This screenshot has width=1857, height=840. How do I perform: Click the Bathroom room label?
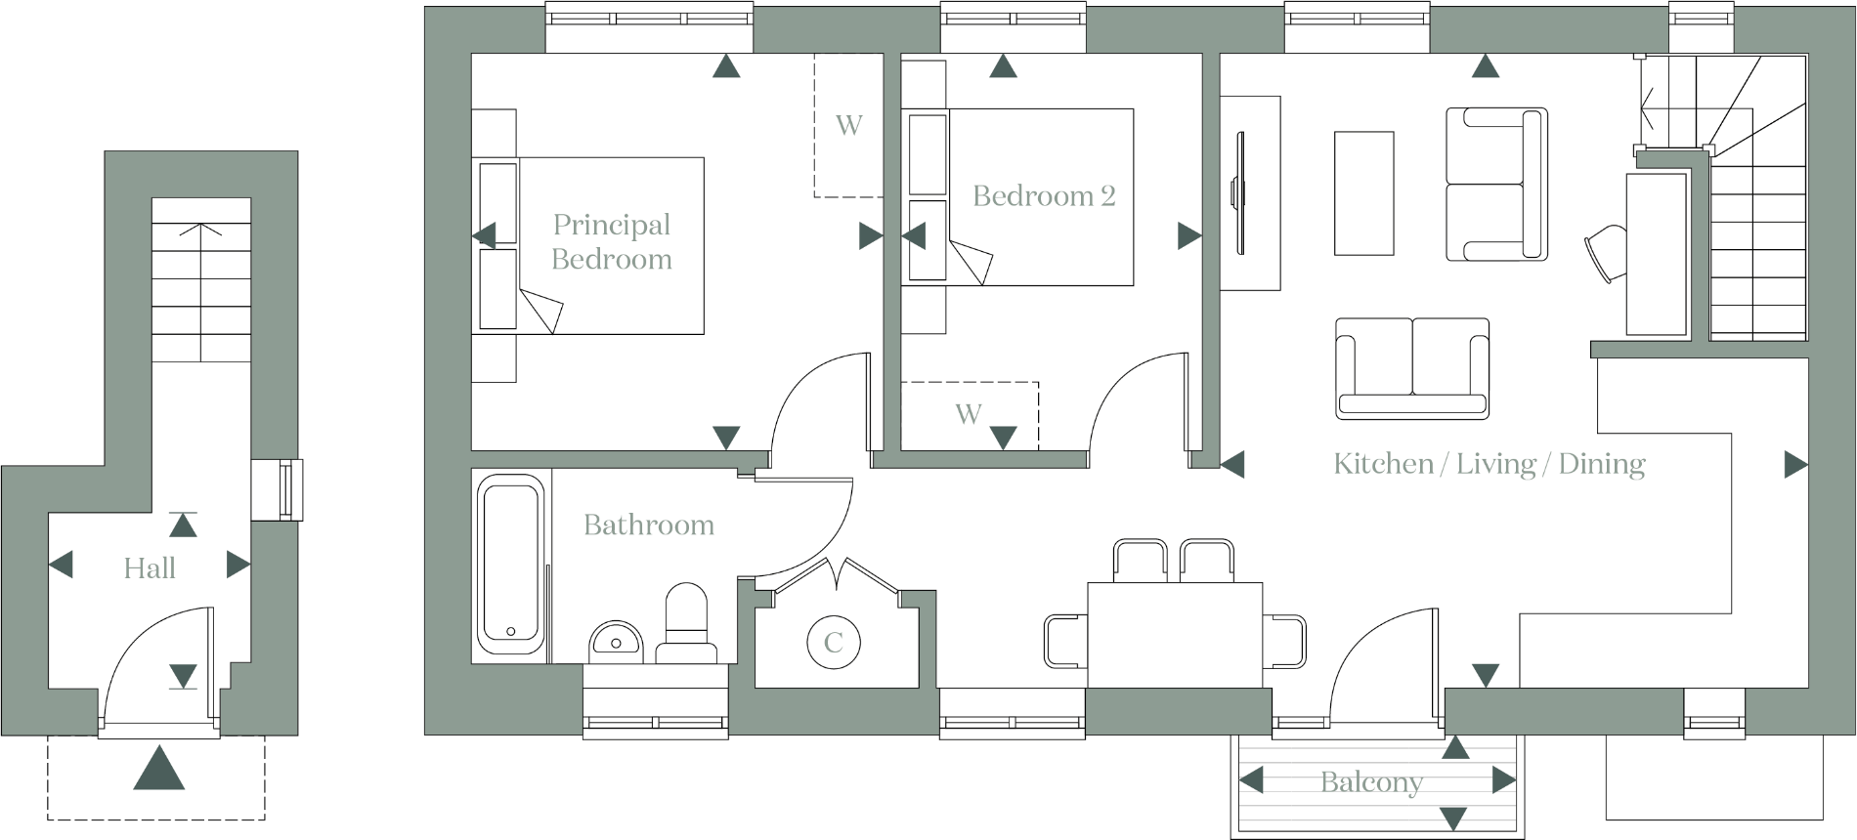[648, 525]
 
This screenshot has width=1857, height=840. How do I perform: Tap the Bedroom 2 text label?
[1043, 196]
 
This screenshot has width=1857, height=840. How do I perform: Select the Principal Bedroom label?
[612, 242]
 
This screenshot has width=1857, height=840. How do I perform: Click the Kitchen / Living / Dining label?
[1489, 464]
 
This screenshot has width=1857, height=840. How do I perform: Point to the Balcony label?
[1370, 782]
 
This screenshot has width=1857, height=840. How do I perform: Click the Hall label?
[150, 568]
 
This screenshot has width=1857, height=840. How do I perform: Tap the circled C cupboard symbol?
[833, 643]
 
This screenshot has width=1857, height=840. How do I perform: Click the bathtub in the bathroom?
[510, 564]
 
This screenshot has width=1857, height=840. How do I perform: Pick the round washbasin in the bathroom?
[616, 641]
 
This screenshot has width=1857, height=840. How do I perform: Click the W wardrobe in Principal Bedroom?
[848, 125]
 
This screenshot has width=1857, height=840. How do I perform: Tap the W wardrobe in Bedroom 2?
[969, 414]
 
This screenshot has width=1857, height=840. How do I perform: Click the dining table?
[1175, 635]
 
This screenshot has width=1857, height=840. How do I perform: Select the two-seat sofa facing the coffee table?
[1411, 368]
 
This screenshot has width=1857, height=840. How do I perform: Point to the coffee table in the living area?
[1363, 192]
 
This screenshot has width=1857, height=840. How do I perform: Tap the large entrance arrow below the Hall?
[158, 768]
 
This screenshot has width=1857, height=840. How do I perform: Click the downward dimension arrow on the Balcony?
[1453, 819]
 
